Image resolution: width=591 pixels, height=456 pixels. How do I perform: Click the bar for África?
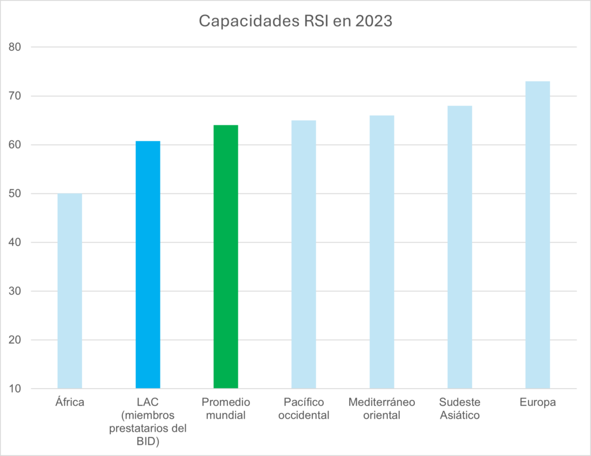click(x=70, y=291)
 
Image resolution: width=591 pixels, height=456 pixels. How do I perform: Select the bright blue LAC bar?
click(x=148, y=264)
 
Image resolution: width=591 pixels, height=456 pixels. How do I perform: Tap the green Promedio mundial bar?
click(x=226, y=256)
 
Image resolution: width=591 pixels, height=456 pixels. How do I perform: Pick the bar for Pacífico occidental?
click(x=304, y=254)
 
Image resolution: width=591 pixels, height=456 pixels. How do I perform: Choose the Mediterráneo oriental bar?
click(x=381, y=251)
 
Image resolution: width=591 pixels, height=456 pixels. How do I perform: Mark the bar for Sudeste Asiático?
click(x=459, y=247)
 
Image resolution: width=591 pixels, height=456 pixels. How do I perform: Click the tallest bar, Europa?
click(x=537, y=235)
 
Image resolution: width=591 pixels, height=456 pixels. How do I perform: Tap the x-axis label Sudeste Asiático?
click(x=459, y=409)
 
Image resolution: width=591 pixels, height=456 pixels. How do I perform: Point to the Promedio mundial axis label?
click(x=226, y=409)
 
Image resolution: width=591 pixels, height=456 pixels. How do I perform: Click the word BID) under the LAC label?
click(x=148, y=441)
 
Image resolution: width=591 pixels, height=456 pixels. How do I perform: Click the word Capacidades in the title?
click(x=243, y=21)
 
